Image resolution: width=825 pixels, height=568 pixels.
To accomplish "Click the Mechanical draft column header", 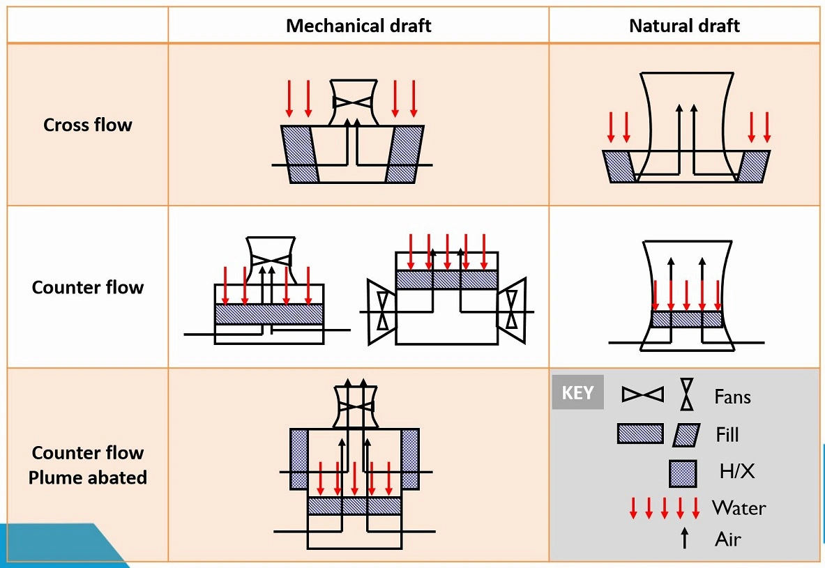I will pyautogui.click(x=358, y=26).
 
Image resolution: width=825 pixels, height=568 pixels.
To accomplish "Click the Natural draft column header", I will pyautogui.click(x=684, y=26).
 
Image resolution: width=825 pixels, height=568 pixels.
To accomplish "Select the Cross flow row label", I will pyautogui.click(x=87, y=125).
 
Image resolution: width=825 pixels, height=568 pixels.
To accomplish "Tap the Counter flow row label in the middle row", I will pyautogui.click(x=87, y=287).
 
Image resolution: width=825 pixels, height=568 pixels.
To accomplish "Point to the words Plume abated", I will pyautogui.click(x=87, y=478).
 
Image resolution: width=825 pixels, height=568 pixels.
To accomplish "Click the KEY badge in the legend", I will pyautogui.click(x=577, y=392).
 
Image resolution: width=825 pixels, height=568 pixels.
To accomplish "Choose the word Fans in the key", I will pyautogui.click(x=732, y=397).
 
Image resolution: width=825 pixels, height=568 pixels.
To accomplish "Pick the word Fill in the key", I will pyautogui.click(x=727, y=435).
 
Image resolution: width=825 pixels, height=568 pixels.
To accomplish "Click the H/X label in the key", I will pyautogui.click(x=736, y=472).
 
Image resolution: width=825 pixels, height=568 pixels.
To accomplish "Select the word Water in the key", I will pyautogui.click(x=739, y=507).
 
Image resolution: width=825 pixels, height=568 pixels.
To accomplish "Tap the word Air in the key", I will pyautogui.click(x=727, y=539).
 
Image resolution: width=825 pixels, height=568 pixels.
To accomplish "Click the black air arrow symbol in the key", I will pyautogui.click(x=684, y=537).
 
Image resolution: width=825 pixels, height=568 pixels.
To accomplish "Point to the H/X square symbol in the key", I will pyautogui.click(x=682, y=473).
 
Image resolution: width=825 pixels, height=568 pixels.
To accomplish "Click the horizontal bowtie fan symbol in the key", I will pyautogui.click(x=642, y=394).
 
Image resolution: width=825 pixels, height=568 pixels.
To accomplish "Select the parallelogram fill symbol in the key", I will pyautogui.click(x=687, y=435).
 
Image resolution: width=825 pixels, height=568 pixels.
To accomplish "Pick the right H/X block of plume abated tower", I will pyautogui.click(x=409, y=450).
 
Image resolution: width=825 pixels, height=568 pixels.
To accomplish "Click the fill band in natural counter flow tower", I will pyautogui.click(x=686, y=319).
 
